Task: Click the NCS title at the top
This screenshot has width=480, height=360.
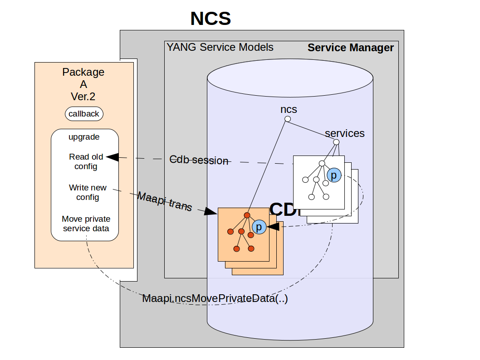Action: tap(211, 19)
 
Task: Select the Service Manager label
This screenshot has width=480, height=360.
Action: tap(351, 48)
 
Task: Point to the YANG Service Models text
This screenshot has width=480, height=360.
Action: tap(220, 47)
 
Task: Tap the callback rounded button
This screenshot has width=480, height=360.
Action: tap(84, 114)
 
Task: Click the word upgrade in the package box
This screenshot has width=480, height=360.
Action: tap(84, 136)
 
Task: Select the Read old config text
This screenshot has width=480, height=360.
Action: tap(86, 161)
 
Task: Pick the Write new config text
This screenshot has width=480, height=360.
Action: tap(88, 192)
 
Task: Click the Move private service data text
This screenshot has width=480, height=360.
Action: tap(86, 224)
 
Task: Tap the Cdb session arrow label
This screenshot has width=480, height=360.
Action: tap(199, 160)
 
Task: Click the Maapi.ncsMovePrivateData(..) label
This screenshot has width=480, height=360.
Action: tap(215, 299)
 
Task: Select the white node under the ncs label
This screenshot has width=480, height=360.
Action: tap(287, 119)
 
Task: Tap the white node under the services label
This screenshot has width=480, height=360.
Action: tap(336, 142)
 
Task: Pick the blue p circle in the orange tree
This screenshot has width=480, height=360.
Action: tap(259, 227)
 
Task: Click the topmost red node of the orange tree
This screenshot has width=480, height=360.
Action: tap(247, 215)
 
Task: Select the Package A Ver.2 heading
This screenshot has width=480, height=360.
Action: tap(83, 84)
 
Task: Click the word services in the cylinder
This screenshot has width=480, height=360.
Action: tap(345, 133)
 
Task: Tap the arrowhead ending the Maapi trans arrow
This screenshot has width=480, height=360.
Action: tap(211, 212)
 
